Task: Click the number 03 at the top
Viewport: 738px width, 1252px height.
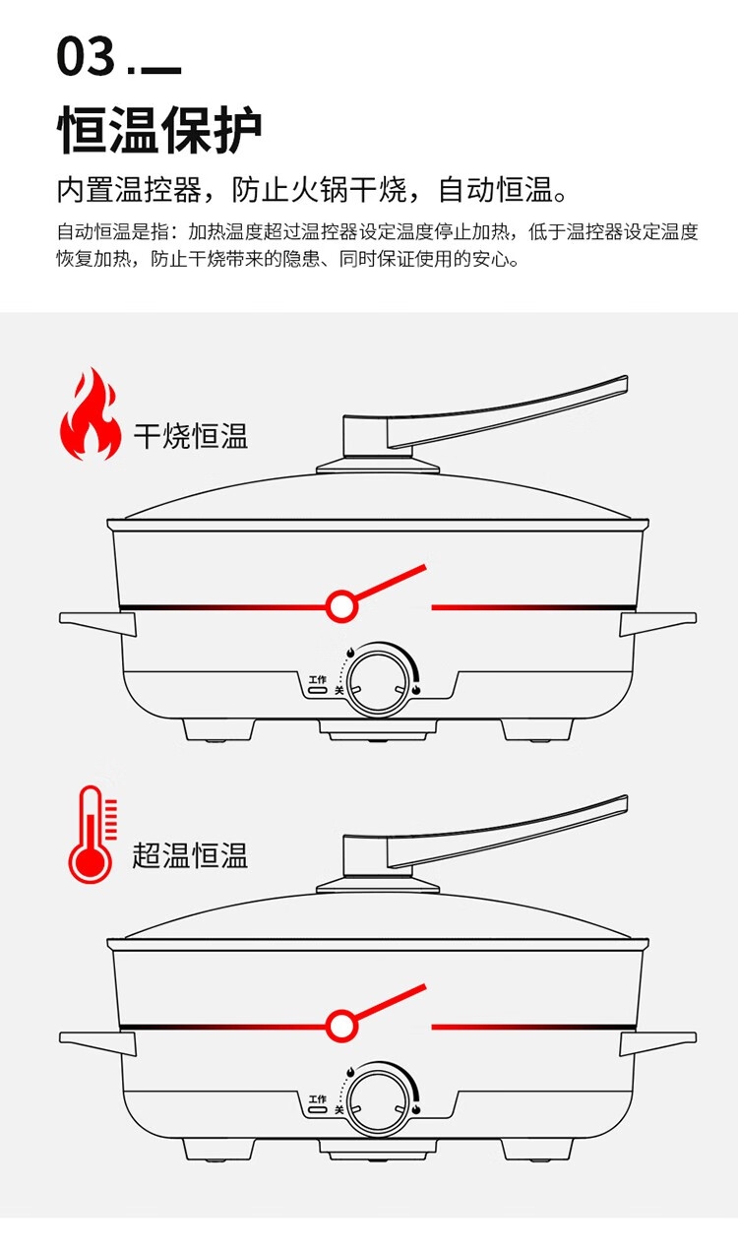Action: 87,57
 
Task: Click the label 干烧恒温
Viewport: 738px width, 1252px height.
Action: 190,436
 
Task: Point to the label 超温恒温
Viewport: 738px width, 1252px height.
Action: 190,854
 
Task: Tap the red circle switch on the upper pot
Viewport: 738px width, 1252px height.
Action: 341,606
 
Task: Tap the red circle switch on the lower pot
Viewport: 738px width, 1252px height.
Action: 341,1026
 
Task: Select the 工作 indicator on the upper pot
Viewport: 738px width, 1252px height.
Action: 317,685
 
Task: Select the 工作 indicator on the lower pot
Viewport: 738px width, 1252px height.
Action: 317,1104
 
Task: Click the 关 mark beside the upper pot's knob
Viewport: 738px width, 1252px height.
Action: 339,691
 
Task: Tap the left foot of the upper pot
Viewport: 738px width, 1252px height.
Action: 218,729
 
